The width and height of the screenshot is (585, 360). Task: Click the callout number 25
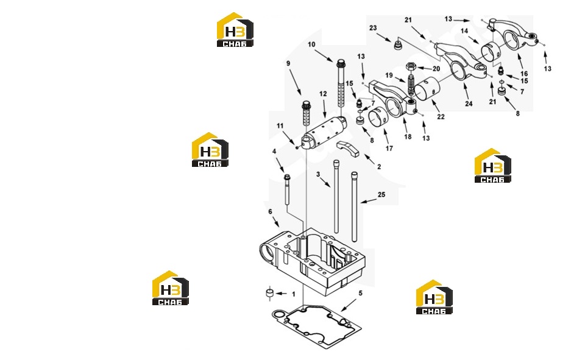click(381, 195)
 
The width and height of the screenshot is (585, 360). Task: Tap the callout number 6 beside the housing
click(270, 212)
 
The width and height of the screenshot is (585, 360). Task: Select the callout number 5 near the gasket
click(360, 293)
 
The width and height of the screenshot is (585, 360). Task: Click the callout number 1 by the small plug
click(294, 294)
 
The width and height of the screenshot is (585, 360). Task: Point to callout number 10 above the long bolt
click(311, 44)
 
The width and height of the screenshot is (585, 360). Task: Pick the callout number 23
click(373, 28)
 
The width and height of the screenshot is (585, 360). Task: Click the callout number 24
click(469, 104)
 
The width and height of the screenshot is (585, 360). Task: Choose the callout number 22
click(441, 117)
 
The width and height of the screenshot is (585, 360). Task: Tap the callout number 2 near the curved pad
click(379, 167)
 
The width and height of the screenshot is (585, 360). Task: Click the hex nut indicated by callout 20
click(411, 67)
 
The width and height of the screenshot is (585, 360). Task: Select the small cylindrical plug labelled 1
click(269, 293)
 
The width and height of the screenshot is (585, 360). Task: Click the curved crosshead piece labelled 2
click(348, 149)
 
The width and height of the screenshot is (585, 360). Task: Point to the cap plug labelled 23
click(398, 45)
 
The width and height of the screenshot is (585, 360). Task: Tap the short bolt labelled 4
click(287, 189)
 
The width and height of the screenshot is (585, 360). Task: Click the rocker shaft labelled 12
click(324, 132)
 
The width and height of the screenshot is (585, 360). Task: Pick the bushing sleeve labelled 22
click(428, 89)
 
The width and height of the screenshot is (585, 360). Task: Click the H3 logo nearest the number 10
click(235, 30)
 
